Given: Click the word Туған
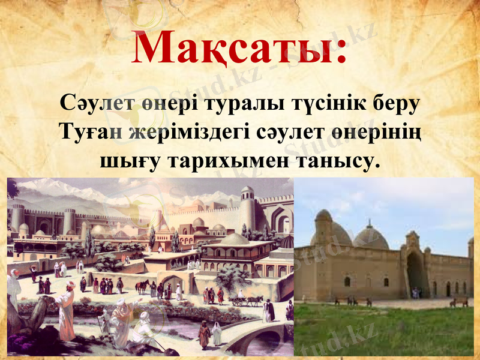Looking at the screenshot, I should [x=91, y=132].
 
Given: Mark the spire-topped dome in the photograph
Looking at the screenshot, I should [x=370, y=237].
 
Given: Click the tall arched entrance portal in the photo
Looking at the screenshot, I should [x=415, y=270].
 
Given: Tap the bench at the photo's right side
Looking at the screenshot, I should [x=458, y=302].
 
